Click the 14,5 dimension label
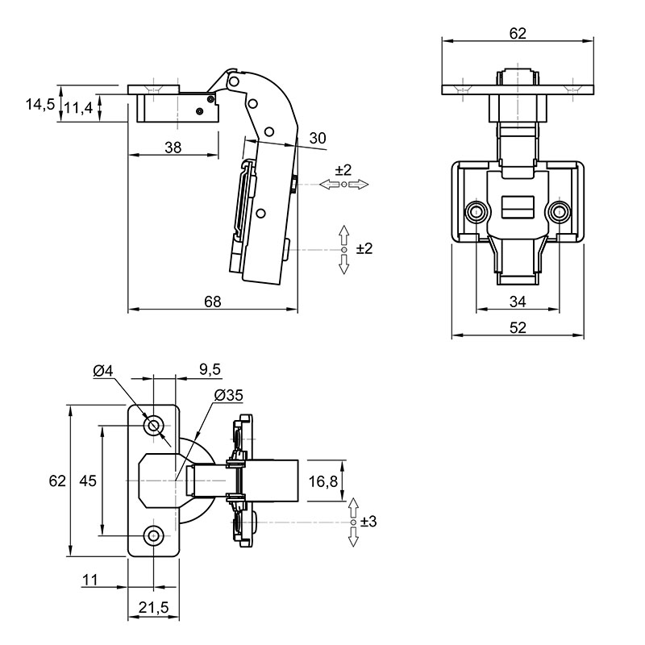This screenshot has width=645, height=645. click(x=40, y=104)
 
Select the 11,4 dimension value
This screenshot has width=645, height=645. click(x=78, y=108)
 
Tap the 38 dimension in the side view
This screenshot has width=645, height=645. click(x=173, y=148)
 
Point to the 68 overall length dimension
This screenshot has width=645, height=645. click(x=213, y=302)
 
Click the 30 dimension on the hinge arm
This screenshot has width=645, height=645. click(x=317, y=138)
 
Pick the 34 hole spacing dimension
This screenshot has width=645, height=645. click(x=518, y=302)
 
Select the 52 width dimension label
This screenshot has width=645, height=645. click(x=518, y=328)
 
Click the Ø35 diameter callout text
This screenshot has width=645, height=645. click(x=229, y=395)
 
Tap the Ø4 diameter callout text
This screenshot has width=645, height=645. click(x=103, y=371)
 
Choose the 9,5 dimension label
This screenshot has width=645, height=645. click(x=210, y=369)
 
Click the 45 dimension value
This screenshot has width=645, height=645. click(x=88, y=480)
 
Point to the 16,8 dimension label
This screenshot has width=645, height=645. click(x=323, y=481)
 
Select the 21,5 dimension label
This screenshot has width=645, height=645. click(x=153, y=607)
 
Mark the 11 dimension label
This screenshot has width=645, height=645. click(x=90, y=580)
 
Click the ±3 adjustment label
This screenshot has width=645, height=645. click(x=368, y=522)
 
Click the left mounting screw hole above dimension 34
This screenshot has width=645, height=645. click(x=476, y=212)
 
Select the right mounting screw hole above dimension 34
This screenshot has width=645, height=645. click(x=559, y=212)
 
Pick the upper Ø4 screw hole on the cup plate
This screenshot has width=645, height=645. click(x=154, y=426)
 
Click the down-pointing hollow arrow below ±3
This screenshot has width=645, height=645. click(x=353, y=536)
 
